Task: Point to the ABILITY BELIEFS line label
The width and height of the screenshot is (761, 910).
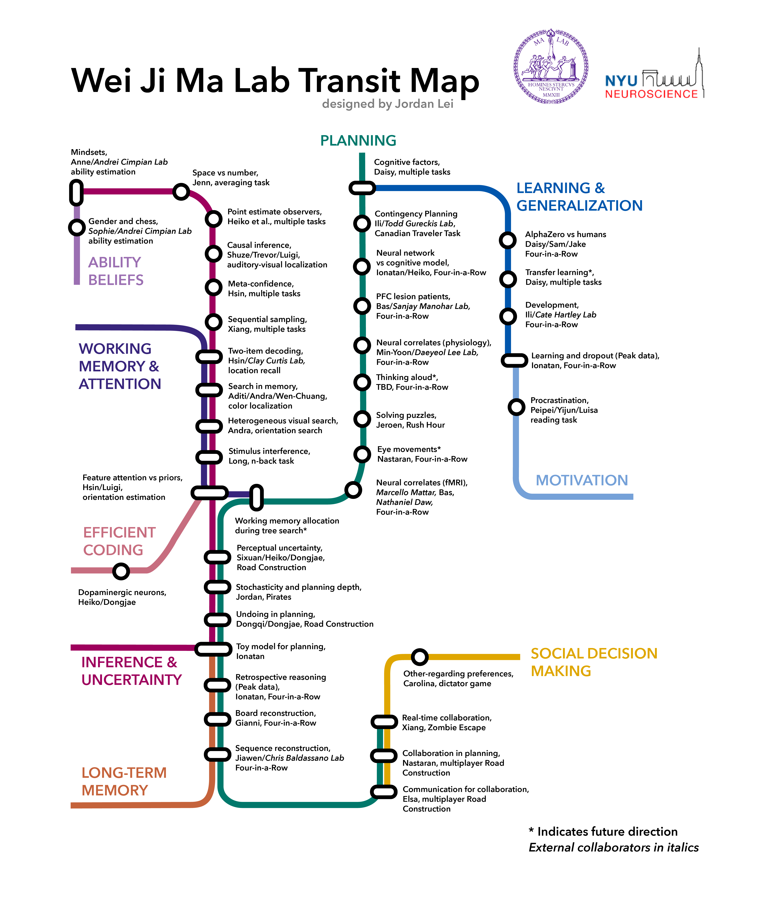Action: tap(116, 271)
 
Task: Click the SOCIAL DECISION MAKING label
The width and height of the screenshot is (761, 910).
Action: tap(594, 662)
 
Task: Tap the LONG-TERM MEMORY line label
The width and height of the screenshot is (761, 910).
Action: tap(124, 781)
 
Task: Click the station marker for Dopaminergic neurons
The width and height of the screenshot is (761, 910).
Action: tap(121, 571)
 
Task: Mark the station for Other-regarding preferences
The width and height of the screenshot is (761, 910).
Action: tap(420, 657)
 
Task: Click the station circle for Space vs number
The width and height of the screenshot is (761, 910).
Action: tap(181, 192)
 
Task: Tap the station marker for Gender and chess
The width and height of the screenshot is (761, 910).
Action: tap(77, 227)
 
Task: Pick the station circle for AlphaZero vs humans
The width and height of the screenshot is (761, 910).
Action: tap(508, 240)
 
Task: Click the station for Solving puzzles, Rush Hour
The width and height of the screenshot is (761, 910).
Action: tap(362, 419)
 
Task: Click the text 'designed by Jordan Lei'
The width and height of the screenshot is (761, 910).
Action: tap(387, 104)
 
